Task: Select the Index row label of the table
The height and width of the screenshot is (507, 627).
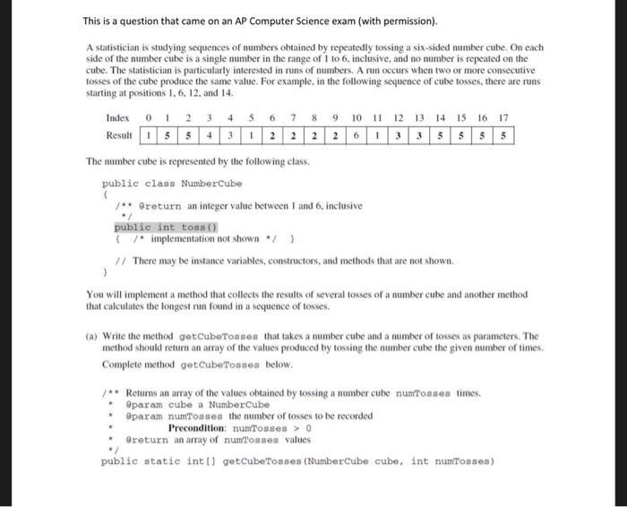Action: point(117,118)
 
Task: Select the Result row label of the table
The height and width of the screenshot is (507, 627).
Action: point(118,135)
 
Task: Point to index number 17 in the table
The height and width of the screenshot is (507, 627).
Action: point(504,118)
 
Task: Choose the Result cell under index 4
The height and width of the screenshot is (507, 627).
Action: point(228,135)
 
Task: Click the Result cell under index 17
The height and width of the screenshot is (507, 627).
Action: point(504,135)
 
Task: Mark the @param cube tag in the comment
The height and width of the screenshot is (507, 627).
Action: point(158,404)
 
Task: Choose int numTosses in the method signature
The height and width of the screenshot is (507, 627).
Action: point(444,461)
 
